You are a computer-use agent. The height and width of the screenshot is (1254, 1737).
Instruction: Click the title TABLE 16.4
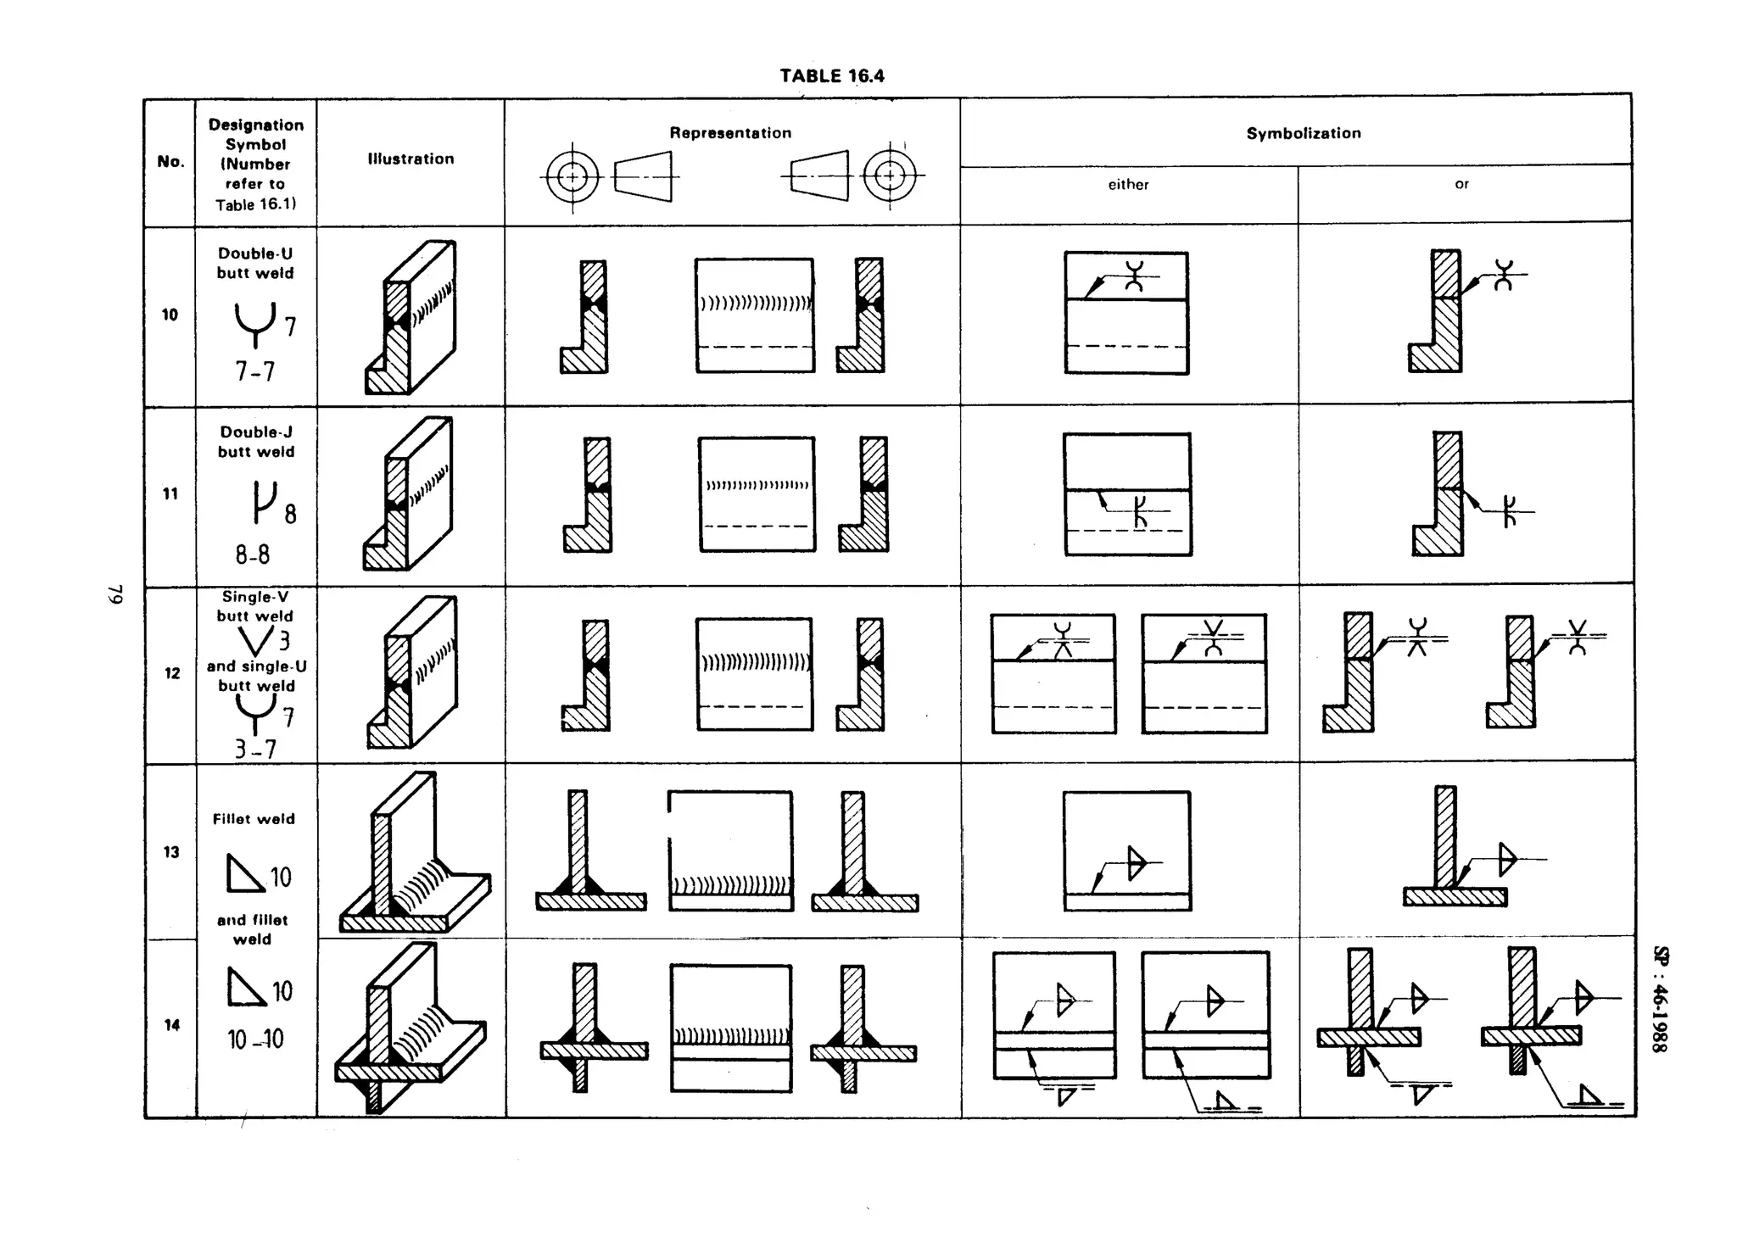tap(832, 75)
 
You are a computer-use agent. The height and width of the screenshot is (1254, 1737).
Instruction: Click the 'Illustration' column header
tap(411, 159)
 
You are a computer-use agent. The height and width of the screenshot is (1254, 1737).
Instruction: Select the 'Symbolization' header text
tap(1303, 133)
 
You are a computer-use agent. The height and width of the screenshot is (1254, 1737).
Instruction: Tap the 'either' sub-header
tap(1128, 184)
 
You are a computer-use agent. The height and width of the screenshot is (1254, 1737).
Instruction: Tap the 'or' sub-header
tap(1461, 183)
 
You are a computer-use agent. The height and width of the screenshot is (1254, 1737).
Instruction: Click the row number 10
tap(170, 315)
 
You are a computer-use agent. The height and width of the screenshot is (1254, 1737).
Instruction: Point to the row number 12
tap(171, 673)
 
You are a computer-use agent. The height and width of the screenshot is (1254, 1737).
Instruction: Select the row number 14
tap(172, 1025)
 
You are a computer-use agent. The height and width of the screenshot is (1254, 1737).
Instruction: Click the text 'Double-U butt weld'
tap(255, 263)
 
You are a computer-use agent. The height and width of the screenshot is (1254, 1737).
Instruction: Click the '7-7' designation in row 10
tap(254, 371)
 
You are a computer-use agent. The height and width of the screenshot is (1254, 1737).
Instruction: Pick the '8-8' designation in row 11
tap(253, 555)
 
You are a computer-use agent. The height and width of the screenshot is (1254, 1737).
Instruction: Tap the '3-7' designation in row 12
tap(255, 749)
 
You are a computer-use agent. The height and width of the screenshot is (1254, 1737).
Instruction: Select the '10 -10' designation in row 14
tap(255, 1039)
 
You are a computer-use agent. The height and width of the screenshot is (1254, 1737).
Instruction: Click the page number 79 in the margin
tap(114, 594)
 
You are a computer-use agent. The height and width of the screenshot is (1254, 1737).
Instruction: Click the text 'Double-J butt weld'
tap(256, 442)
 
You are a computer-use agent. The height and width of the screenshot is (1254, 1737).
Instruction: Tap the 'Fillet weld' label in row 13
tap(254, 819)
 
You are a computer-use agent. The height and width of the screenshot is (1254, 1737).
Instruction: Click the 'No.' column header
tap(170, 161)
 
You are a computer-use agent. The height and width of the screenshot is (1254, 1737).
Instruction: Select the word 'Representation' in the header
tap(730, 133)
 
